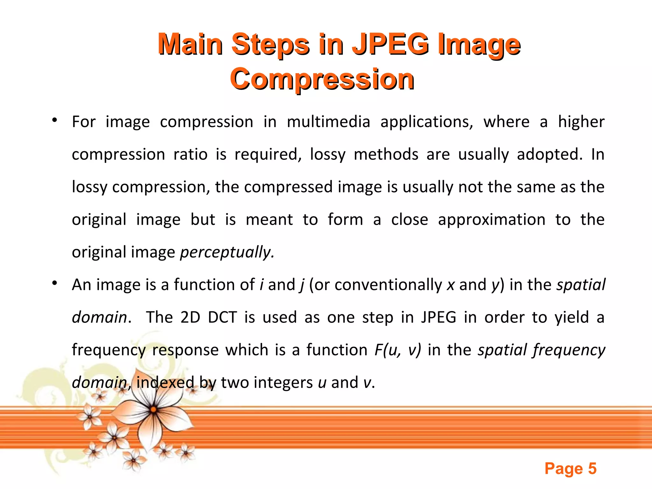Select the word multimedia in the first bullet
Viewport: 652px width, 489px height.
coord(329,122)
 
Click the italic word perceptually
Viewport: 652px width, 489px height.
coord(227,252)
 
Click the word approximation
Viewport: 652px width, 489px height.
coord(492,220)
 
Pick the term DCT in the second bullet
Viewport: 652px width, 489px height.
coord(223,317)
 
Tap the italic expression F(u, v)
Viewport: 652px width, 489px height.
coord(398,350)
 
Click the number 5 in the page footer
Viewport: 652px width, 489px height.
coord(592,469)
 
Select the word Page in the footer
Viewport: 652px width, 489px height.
coord(563,469)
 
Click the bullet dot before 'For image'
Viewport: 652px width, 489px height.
coord(55,120)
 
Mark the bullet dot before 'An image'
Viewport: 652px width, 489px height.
coord(55,283)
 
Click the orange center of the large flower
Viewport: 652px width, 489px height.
coord(153,409)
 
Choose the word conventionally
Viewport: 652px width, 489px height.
coord(388,285)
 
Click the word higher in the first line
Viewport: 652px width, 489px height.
coord(581,122)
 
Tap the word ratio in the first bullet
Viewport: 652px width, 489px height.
coord(190,154)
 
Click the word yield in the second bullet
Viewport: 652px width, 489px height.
coord(572,317)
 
